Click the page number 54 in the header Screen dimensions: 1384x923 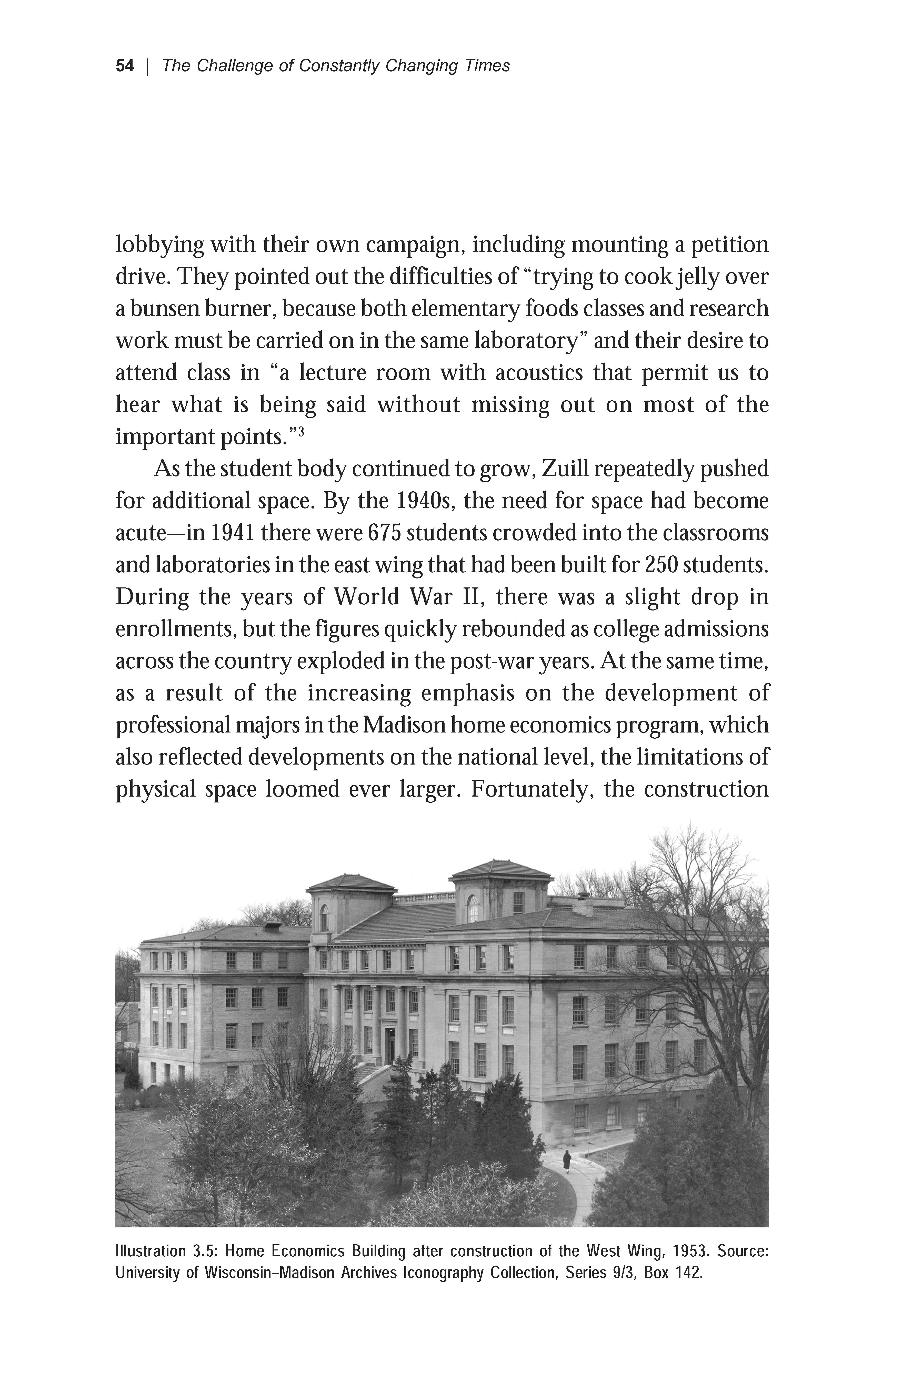coord(125,66)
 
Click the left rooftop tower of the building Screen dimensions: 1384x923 coord(351,901)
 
